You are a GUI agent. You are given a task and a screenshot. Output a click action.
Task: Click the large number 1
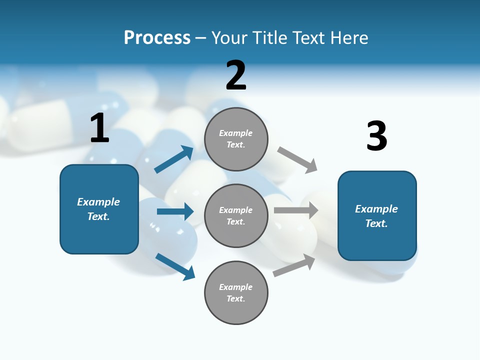point(99,128)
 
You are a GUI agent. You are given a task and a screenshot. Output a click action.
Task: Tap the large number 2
point(236,75)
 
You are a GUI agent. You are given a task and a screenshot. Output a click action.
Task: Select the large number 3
point(376,136)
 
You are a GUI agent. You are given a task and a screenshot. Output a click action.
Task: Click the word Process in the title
point(157,37)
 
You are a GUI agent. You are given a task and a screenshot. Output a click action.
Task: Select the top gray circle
point(236,139)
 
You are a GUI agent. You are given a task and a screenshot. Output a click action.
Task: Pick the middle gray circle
point(236,215)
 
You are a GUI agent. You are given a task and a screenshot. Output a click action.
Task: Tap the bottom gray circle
point(236,292)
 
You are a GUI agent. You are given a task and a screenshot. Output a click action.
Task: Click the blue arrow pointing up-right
point(174,159)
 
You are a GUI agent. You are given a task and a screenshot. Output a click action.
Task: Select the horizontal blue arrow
point(175,211)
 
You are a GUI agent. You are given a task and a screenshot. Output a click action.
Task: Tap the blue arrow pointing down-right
point(175,266)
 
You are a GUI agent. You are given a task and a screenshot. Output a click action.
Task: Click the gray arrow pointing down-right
point(297,159)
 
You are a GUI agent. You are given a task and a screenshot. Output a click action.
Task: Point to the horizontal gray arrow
point(296,210)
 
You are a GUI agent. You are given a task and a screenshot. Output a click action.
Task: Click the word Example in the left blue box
point(98,202)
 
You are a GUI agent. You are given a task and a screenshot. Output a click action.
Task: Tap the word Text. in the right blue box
point(376,223)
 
